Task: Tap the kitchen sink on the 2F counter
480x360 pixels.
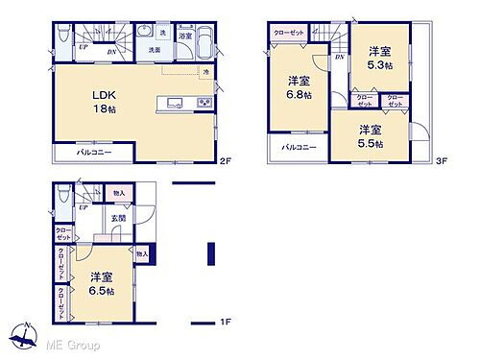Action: coord(172,102)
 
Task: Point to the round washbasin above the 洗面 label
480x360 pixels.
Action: coord(146,31)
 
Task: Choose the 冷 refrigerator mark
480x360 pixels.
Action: coord(205,73)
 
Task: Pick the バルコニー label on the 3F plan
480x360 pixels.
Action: coord(300,148)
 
